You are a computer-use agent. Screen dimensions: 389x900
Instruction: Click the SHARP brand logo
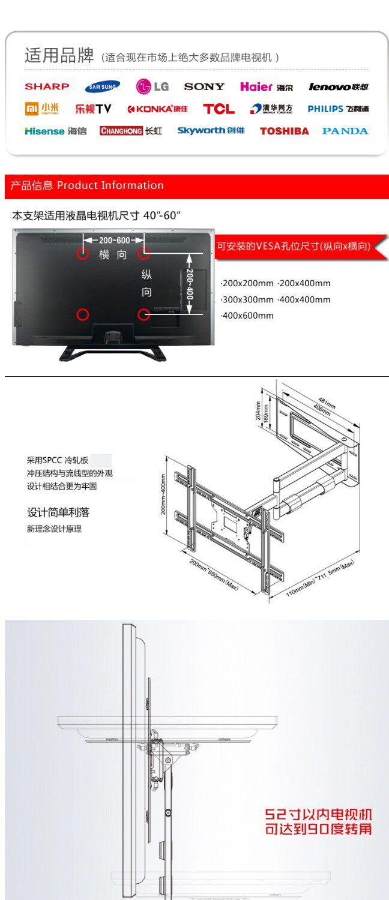point(47,86)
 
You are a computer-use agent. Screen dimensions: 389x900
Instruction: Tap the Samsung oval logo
point(102,87)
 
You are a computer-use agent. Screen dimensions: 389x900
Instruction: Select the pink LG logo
point(152,87)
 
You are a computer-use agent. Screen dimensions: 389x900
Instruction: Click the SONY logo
point(204,87)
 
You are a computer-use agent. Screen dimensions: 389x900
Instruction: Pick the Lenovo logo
point(338,87)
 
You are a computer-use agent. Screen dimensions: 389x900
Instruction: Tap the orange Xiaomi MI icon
point(32,109)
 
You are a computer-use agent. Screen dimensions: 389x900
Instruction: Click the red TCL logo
point(219,109)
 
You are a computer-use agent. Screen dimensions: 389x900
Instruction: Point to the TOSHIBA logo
point(284,131)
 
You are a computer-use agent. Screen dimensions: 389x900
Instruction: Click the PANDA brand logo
point(345,131)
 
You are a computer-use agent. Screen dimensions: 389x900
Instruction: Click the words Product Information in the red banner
point(110,185)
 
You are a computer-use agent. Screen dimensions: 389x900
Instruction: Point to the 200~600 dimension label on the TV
point(114,241)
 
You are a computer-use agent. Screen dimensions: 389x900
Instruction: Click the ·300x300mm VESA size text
point(247,299)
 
